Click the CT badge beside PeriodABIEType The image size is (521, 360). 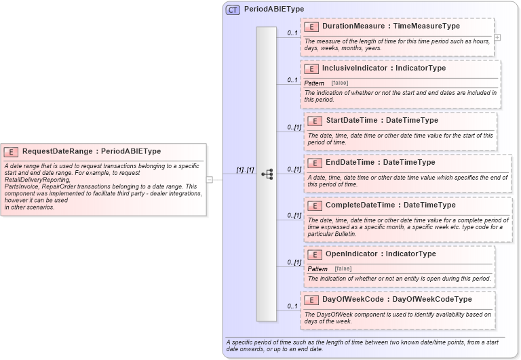(233, 9)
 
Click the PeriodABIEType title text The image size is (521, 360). (274, 9)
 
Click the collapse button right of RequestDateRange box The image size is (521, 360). (210, 180)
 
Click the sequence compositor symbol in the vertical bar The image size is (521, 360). (267, 174)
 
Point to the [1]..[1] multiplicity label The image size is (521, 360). (244, 170)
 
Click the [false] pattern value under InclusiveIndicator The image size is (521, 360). (340, 83)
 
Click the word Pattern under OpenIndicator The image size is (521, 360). (317, 268)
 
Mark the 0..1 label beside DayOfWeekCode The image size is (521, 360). (292, 306)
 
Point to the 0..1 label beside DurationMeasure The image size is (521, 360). (292, 33)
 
